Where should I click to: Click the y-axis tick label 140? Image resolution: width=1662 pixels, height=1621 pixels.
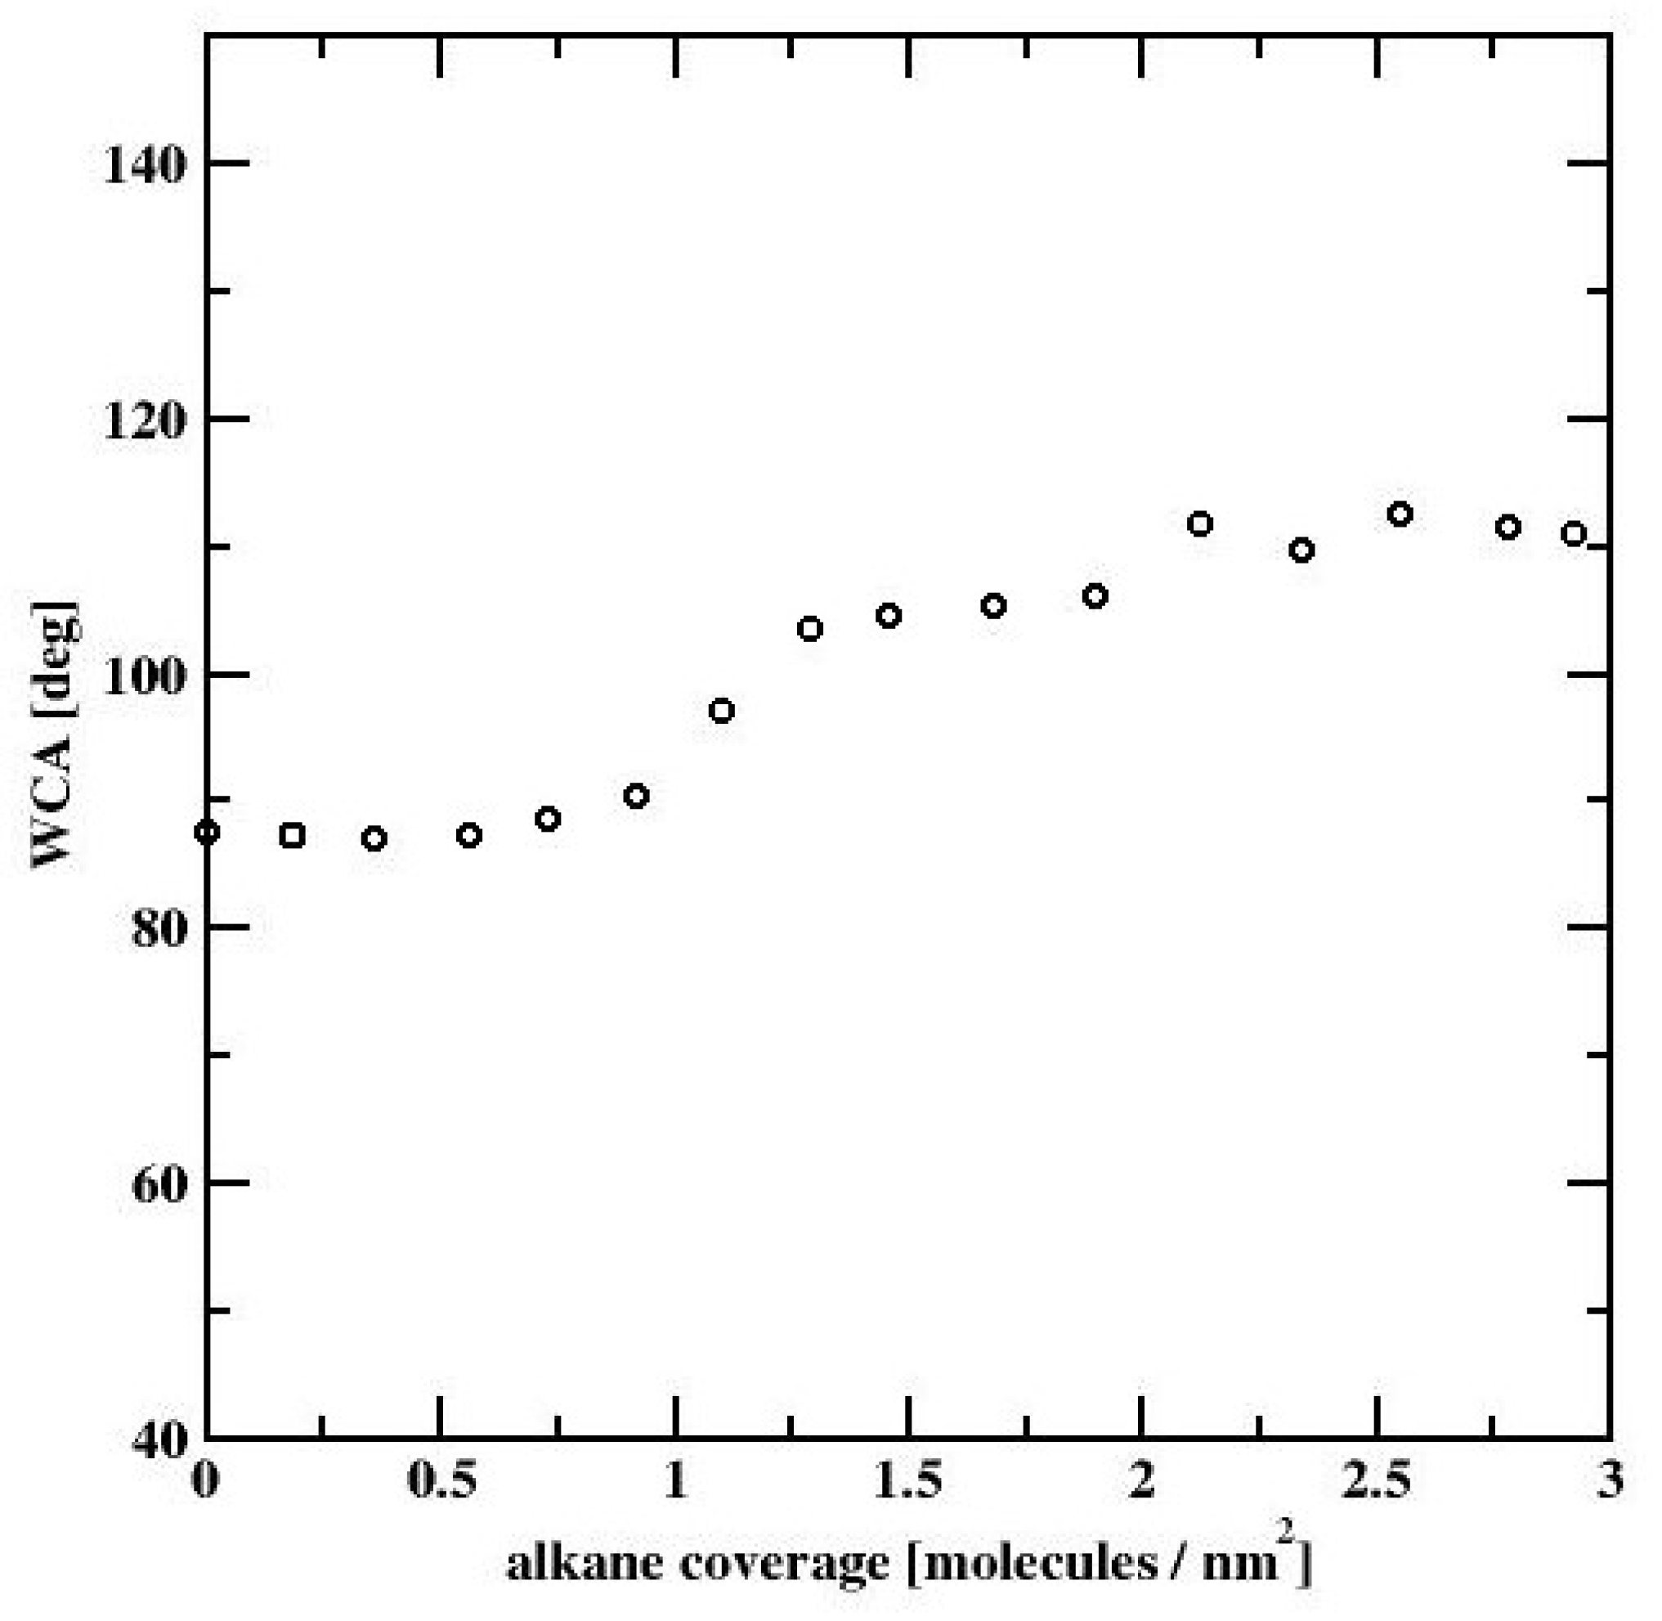[143, 164]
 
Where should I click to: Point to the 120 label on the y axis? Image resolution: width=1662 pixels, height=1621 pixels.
[143, 420]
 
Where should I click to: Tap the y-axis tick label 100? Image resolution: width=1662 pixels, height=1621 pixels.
[143, 675]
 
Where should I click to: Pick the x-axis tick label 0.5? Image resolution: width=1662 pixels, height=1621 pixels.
[440, 1482]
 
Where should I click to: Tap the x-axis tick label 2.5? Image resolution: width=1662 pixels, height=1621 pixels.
[1375, 1482]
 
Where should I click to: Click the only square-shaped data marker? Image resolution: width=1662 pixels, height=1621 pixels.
[292, 835]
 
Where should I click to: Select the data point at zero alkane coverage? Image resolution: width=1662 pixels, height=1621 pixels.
[207, 832]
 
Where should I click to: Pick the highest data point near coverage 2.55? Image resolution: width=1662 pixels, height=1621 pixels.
[1400, 514]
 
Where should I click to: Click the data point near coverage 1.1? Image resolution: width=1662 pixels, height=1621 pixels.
[722, 710]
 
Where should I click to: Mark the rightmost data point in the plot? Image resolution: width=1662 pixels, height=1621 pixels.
[1574, 534]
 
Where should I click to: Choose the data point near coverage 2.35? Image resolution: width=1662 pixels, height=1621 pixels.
[1301, 550]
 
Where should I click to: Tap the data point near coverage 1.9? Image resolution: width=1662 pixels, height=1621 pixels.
[1095, 596]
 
